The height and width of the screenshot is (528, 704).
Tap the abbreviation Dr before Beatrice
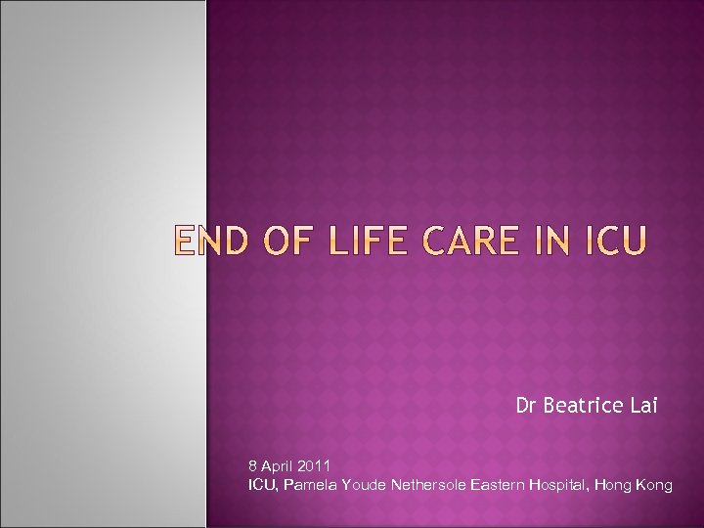click(526, 406)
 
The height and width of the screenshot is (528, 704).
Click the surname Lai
click(643, 406)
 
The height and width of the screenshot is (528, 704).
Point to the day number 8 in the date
click(253, 465)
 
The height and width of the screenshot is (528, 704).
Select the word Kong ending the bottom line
click(655, 484)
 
